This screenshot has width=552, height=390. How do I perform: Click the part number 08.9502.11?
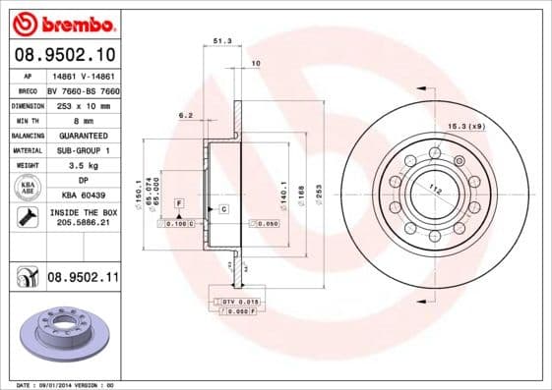click(x=83, y=278)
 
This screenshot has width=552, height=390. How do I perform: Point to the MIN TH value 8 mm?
click(x=83, y=119)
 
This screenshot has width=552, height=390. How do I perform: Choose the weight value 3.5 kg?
click(x=83, y=166)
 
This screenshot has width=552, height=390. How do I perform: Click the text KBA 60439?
click(x=83, y=196)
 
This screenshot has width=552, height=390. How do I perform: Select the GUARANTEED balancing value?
click(x=83, y=135)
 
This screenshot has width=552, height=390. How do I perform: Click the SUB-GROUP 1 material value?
click(x=83, y=150)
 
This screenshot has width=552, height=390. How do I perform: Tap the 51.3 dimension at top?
click(x=222, y=41)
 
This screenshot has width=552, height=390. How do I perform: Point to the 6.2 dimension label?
click(x=185, y=115)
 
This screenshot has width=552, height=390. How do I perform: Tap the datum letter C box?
click(x=223, y=209)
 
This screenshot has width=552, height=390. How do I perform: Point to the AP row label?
click(x=29, y=75)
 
